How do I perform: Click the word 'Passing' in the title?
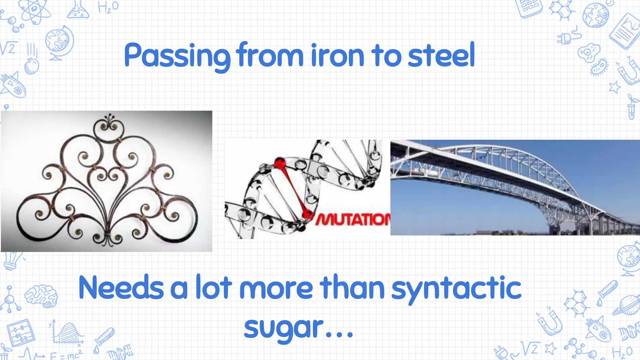pos(177,56)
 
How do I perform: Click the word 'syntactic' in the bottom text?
pos(456,289)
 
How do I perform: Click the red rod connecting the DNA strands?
pos(294,189)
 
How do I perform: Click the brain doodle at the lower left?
pos(41,296)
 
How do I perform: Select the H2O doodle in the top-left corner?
pos(108,7)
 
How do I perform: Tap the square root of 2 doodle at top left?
pos(8,48)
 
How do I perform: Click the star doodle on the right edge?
pos(614,87)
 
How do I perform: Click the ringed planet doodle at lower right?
pos(627,305)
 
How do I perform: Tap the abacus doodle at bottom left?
pos(21,333)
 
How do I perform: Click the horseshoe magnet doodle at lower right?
pos(550,322)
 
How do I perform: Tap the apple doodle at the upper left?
pos(31,66)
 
